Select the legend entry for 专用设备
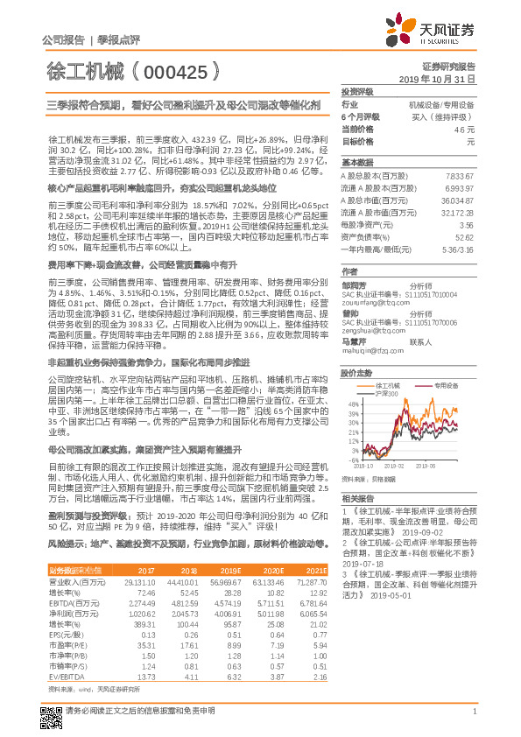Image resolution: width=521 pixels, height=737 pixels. coord(447,360)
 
